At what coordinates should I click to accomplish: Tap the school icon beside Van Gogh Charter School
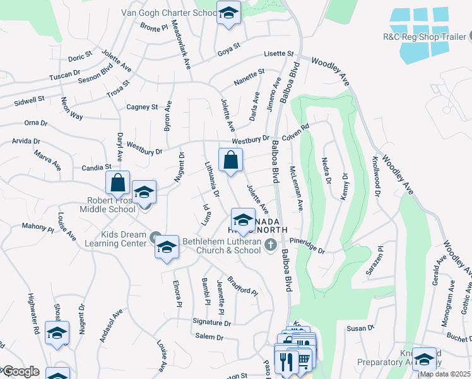coord(228,12)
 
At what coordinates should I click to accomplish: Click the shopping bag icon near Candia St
coord(117,183)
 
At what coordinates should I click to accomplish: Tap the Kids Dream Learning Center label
coord(115,238)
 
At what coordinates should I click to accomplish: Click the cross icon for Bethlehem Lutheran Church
coord(271,245)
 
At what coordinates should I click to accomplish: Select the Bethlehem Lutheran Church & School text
coord(221,246)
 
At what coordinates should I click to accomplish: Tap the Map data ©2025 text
coord(445,374)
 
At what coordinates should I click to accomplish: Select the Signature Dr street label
coord(212,322)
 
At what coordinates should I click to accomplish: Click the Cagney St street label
coord(141,107)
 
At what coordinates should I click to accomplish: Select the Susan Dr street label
coord(361,328)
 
